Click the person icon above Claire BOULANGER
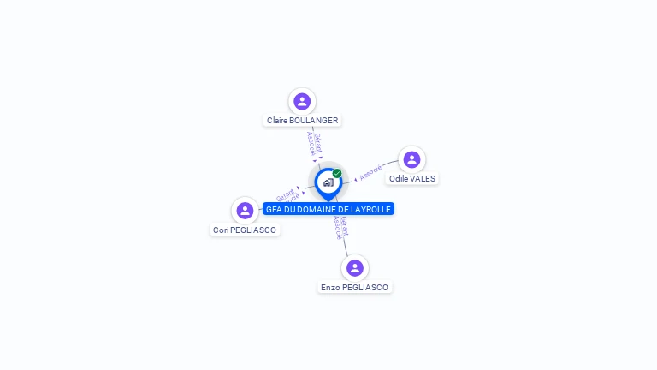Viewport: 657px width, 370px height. [301, 102]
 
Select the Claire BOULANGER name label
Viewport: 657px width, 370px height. [302, 121]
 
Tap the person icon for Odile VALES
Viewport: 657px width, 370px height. [411, 160]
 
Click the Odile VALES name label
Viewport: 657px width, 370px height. [411, 179]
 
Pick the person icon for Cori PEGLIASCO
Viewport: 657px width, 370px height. [246, 211]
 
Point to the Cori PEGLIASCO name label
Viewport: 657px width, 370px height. [245, 230]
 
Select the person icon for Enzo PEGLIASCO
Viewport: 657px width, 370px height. [355, 268]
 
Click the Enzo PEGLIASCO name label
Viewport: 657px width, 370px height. [354, 288]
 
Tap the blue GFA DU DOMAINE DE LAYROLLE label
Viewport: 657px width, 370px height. [328, 209]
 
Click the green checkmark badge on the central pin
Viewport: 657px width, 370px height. [337, 174]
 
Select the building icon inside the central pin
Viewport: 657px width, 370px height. [328, 182]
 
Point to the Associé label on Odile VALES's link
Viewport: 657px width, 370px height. [370, 172]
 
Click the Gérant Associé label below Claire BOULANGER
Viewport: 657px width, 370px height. [314, 143]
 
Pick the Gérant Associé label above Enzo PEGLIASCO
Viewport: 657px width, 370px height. [340, 227]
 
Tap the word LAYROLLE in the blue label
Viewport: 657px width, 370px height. [371, 209]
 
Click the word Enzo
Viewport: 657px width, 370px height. [329, 288]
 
